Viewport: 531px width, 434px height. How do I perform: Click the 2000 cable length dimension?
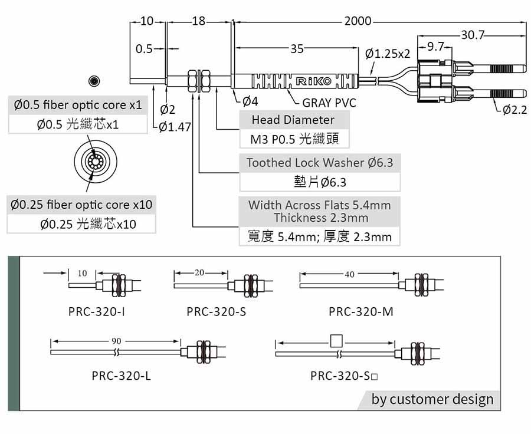click(x=358, y=21)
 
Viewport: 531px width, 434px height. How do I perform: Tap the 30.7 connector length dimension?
click(x=473, y=35)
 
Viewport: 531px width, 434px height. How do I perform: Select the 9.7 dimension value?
click(x=435, y=47)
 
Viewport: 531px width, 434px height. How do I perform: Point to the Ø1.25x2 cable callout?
click(x=388, y=54)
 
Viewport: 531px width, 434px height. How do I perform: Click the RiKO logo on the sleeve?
click(x=314, y=81)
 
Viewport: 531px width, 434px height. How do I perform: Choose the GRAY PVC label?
click(x=329, y=103)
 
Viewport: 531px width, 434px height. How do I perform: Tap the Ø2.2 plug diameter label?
click(x=514, y=110)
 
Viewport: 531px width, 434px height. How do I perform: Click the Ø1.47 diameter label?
click(x=175, y=127)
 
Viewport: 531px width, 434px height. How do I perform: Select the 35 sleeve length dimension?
click(x=297, y=49)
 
